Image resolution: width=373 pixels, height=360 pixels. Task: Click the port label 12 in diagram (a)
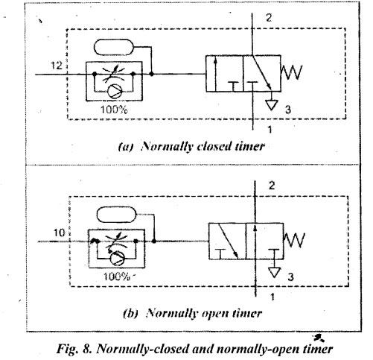pyautogui.click(x=56, y=66)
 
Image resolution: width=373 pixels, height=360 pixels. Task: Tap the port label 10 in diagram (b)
pyautogui.click(x=59, y=233)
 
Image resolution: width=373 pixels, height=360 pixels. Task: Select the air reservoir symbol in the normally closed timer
pyautogui.click(x=114, y=47)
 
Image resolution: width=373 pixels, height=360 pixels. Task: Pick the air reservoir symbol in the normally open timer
pyautogui.click(x=116, y=215)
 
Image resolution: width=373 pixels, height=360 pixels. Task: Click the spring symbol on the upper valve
pyautogui.click(x=292, y=72)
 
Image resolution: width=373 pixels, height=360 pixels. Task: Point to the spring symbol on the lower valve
pyautogui.click(x=294, y=240)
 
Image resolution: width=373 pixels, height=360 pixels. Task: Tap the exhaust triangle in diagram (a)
pyautogui.click(x=272, y=104)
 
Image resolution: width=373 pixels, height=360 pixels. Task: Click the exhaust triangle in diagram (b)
pyautogui.click(x=274, y=272)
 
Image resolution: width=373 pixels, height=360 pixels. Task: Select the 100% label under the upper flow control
pyautogui.click(x=114, y=110)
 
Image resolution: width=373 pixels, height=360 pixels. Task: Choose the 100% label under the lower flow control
pyautogui.click(x=117, y=277)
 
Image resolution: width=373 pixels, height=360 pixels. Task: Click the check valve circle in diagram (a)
pyautogui.click(x=115, y=92)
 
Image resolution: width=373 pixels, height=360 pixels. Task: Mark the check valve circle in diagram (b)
pyautogui.click(x=118, y=259)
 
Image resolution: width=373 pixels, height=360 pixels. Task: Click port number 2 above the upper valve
pyautogui.click(x=269, y=18)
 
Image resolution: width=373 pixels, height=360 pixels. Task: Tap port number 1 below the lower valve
pyautogui.click(x=272, y=297)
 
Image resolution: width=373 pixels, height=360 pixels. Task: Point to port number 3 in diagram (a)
pyautogui.click(x=288, y=110)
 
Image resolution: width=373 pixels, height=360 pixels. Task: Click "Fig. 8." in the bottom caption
pyautogui.click(x=74, y=349)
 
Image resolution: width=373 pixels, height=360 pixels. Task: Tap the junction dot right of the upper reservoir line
pyautogui.click(x=152, y=74)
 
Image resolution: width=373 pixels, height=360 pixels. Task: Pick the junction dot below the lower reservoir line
pyautogui.click(x=154, y=241)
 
